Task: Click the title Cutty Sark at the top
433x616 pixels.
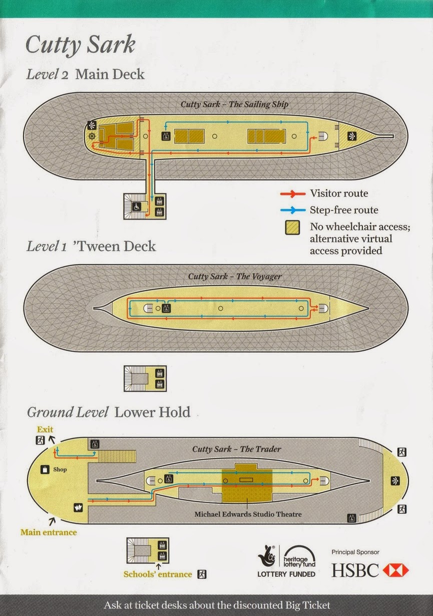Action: [x=80, y=45]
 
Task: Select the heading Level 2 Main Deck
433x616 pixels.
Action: [x=85, y=75]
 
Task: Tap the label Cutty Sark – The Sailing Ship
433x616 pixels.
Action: [x=234, y=104]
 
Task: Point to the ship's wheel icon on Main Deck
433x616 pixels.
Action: [x=92, y=136]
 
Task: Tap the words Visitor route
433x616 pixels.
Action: [x=338, y=193]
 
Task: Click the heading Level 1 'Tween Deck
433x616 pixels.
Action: [x=91, y=247]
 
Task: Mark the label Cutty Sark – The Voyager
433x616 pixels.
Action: [x=235, y=276]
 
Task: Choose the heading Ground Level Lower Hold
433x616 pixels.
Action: [x=109, y=413]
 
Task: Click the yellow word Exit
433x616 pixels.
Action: [x=45, y=430]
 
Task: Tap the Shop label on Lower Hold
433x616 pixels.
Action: [x=60, y=470]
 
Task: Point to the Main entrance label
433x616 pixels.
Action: [x=49, y=532]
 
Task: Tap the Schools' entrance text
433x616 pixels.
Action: [x=158, y=574]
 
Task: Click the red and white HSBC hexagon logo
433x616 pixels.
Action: [x=395, y=570]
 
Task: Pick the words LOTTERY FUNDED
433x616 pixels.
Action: [x=286, y=574]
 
